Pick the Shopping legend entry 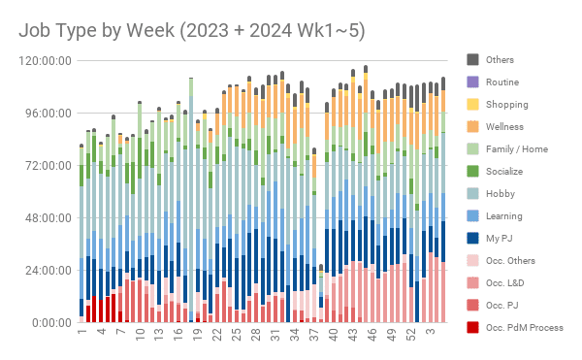click(506, 105)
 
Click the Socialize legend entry click(505, 172)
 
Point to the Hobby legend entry click(501, 194)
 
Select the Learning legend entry click(503, 216)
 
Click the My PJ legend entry click(500, 239)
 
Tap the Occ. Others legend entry click(510, 261)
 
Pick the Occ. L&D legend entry click(506, 283)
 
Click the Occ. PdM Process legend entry click(524, 328)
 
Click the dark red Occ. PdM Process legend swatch click(473, 328)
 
